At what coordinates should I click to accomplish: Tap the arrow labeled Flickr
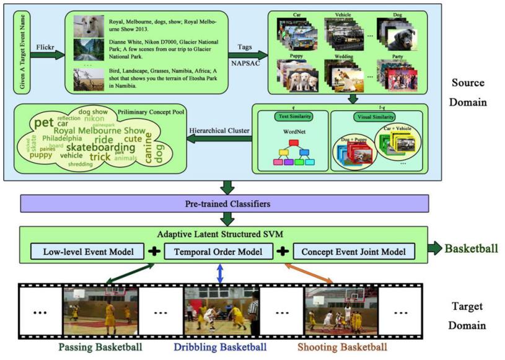click(50, 55)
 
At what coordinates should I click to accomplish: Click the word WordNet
click(294, 132)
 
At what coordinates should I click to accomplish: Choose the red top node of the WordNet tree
click(294, 143)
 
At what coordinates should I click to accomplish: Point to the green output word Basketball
click(472, 249)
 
